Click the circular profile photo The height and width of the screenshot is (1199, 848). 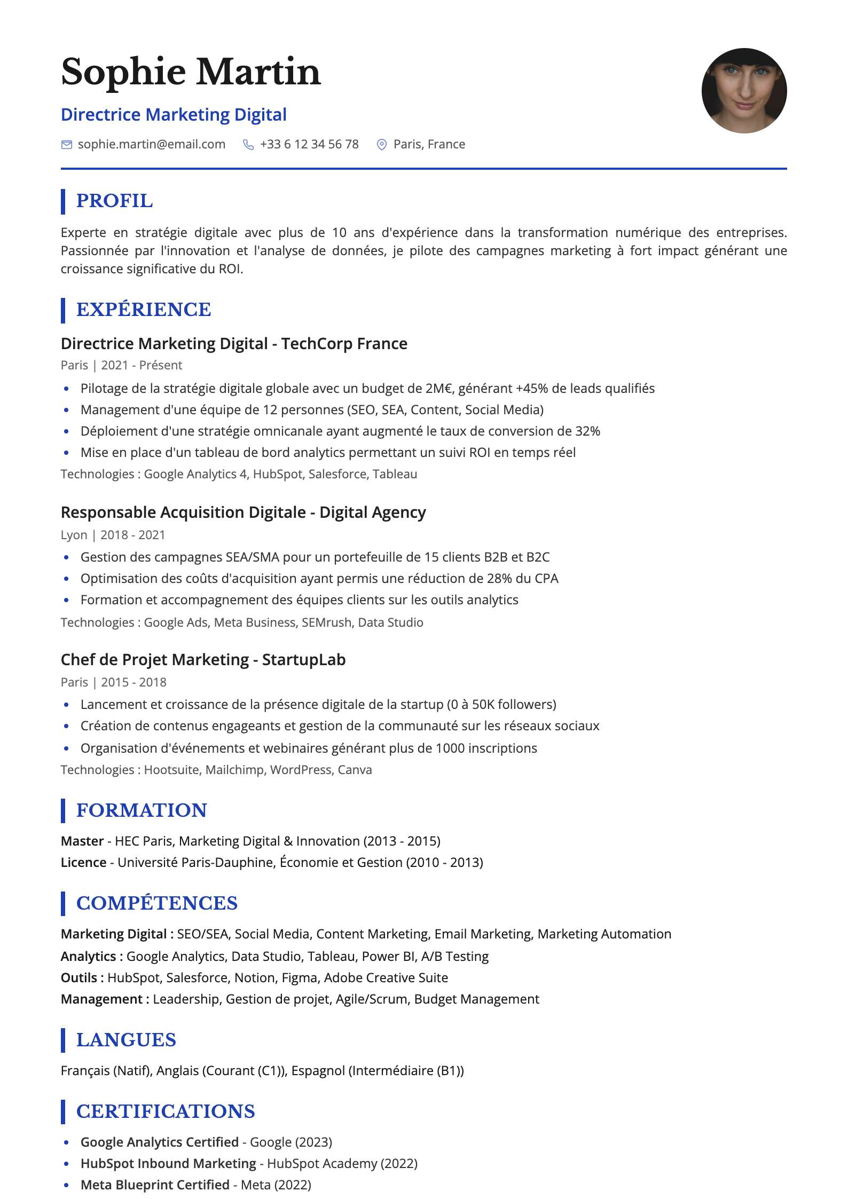(x=743, y=91)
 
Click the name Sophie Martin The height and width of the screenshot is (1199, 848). (x=191, y=72)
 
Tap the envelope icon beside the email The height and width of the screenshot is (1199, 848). (x=67, y=145)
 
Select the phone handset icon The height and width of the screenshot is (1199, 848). (x=248, y=145)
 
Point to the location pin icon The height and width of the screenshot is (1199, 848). (x=382, y=145)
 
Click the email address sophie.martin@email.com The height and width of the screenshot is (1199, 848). (x=152, y=145)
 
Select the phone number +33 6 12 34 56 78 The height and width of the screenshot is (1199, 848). (x=309, y=145)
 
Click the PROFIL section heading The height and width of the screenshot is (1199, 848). (x=114, y=201)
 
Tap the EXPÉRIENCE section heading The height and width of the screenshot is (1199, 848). (x=144, y=310)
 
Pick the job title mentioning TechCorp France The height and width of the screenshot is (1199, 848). (x=234, y=344)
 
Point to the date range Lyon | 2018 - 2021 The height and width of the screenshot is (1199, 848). (x=113, y=535)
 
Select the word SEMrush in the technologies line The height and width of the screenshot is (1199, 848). (x=326, y=622)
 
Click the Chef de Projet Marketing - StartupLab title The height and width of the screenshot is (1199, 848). (x=203, y=660)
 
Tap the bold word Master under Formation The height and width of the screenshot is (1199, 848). (x=82, y=841)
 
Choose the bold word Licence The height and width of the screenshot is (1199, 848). (x=83, y=863)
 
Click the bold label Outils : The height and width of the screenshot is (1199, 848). (x=82, y=978)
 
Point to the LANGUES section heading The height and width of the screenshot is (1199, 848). (x=126, y=1040)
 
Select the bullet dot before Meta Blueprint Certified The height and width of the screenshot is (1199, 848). (x=66, y=1185)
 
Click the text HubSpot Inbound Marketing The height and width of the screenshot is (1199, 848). (x=168, y=1164)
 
